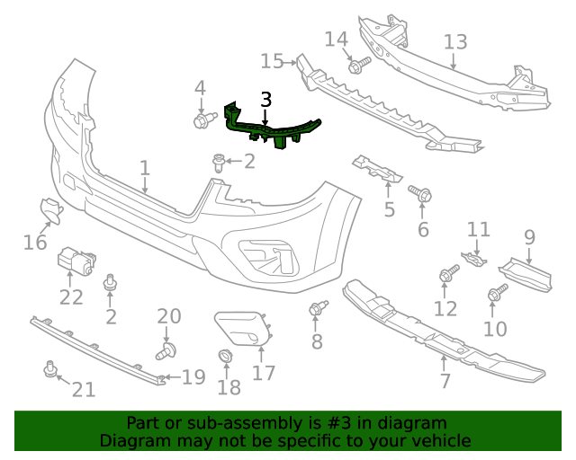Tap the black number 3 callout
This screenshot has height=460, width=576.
[x=265, y=100]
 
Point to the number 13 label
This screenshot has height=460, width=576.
[x=455, y=41]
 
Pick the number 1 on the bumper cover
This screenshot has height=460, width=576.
[x=144, y=168]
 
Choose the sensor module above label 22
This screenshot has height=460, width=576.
[x=76, y=261]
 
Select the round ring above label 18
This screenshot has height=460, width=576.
[x=225, y=358]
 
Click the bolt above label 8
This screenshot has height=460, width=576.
[x=317, y=309]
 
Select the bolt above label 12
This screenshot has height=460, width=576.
[x=447, y=274]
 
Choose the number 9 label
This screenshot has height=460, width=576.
[x=529, y=238]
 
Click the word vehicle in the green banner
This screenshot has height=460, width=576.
[x=439, y=440]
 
